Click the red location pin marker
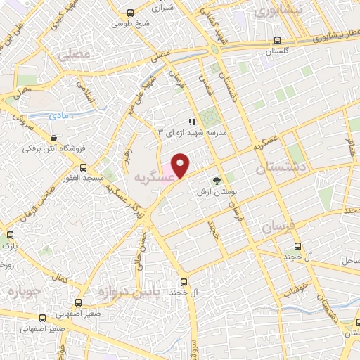pyautogui.click(x=180, y=165)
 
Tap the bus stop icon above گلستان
pyautogui.click(x=279, y=40)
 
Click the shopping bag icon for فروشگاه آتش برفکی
pyautogui.click(x=53, y=138)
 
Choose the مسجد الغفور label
pyautogui.click(x=84, y=178)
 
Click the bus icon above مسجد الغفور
pyautogui.click(x=84, y=167)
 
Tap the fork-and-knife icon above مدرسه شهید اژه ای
pyautogui.click(x=192, y=122)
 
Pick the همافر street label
pyautogui.click(x=349, y=147)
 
